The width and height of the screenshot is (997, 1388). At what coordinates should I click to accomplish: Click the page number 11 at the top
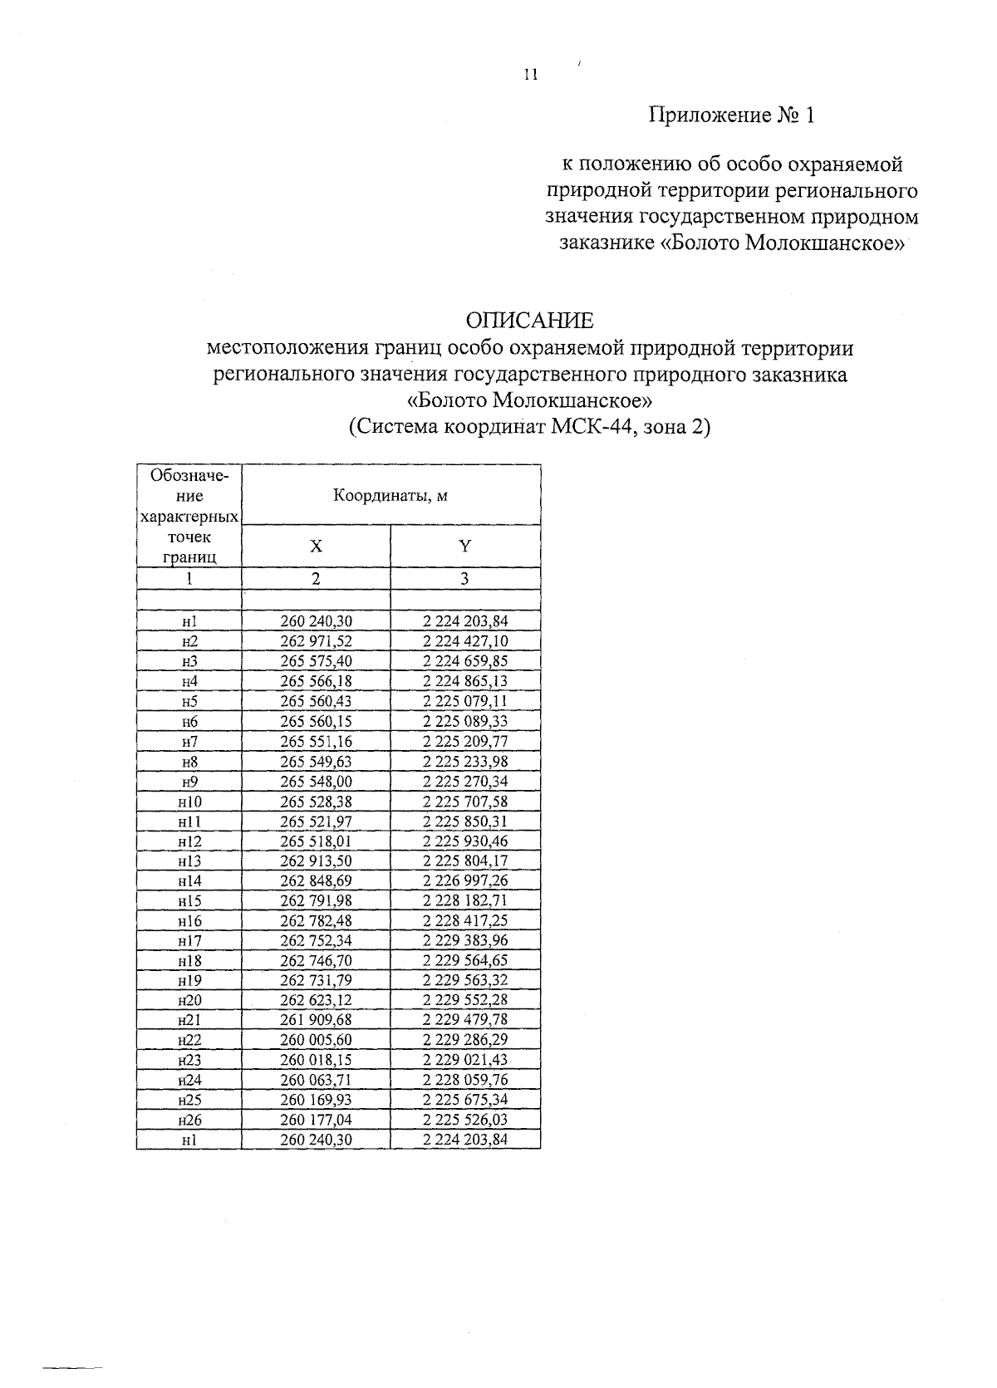click(x=531, y=75)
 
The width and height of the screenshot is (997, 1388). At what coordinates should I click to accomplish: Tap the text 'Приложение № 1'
click(x=731, y=115)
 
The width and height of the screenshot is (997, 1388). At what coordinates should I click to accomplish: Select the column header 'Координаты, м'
click(x=390, y=496)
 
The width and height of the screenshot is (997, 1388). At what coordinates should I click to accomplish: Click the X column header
click(x=316, y=547)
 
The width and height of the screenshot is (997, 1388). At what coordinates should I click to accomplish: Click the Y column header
click(x=465, y=546)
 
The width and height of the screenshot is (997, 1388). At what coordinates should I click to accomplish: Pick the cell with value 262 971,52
click(x=316, y=641)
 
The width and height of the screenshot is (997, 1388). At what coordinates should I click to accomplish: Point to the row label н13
click(x=189, y=861)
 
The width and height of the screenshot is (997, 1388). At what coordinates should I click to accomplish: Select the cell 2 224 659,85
click(x=465, y=661)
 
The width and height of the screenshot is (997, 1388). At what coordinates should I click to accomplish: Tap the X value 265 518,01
click(x=316, y=841)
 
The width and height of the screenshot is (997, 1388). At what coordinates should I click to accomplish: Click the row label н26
click(x=189, y=1120)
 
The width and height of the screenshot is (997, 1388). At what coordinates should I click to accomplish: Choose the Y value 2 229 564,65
click(x=465, y=960)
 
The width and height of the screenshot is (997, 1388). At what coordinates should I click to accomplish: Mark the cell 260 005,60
click(x=316, y=1040)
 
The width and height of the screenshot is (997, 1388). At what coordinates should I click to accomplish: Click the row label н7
click(x=189, y=741)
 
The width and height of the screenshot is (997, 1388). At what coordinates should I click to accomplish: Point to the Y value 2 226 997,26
click(x=465, y=880)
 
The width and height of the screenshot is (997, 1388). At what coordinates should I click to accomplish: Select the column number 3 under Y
click(x=465, y=579)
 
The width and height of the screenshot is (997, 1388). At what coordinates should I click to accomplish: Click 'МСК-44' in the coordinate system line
click(x=587, y=429)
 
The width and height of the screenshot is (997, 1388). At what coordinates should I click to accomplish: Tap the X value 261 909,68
click(x=316, y=1020)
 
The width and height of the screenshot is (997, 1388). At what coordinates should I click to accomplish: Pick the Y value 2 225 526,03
click(x=465, y=1120)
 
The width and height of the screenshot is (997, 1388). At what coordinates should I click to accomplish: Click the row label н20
click(x=189, y=1000)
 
